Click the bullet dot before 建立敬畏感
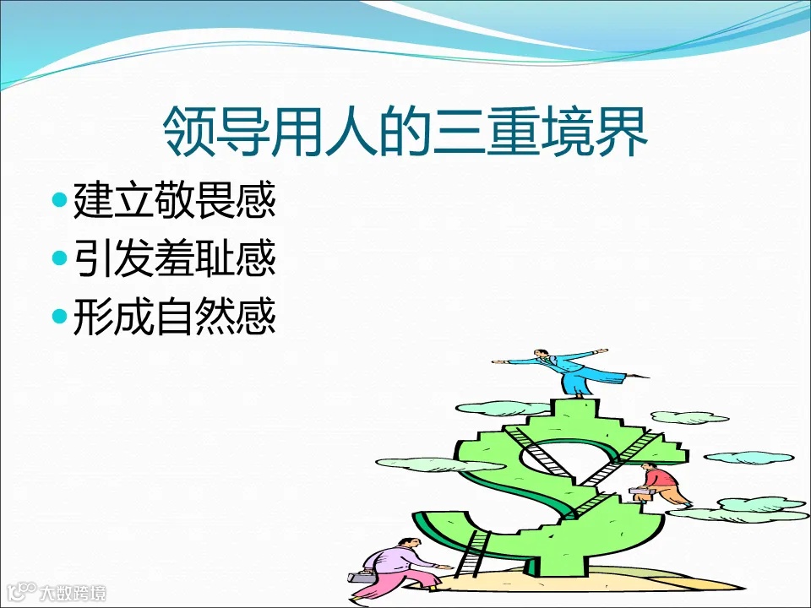point(58,202)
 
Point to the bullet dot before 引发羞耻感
point(58,258)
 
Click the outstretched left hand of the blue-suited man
point(499,362)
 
